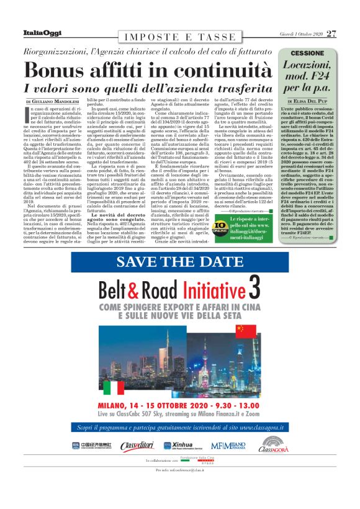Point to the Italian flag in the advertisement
point(114,387)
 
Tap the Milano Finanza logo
point(228,446)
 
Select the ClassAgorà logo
point(273,444)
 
